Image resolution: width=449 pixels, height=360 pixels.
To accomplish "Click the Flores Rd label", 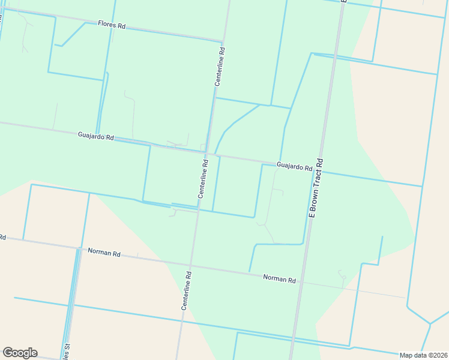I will point(112,26).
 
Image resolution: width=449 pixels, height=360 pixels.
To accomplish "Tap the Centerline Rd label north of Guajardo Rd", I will point(221,67).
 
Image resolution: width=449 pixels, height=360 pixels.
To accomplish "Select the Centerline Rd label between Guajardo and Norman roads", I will point(204,178).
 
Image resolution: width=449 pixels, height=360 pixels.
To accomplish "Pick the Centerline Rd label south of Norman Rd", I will point(187,290).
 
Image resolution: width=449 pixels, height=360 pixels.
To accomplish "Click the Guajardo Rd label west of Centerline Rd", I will point(95,137).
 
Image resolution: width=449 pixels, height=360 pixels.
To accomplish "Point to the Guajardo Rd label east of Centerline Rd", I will point(294,166).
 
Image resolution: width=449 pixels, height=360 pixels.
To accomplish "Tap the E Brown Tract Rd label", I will point(316,188).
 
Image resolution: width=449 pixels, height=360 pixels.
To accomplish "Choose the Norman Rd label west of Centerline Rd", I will point(104,252).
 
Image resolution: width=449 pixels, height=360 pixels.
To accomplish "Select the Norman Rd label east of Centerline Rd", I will point(280,279).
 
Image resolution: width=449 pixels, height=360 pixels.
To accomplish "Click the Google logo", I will point(20,353).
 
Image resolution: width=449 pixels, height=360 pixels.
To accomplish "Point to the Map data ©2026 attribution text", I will point(423,355).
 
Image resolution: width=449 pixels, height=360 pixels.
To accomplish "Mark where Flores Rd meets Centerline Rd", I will point(223,41).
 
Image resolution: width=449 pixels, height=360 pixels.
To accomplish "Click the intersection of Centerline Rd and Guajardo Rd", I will point(207,154).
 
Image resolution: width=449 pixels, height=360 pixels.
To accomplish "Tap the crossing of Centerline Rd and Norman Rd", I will point(192,265).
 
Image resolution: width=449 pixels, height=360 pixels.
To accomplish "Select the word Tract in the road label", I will point(316,184).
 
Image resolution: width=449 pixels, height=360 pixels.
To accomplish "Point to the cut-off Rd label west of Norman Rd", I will point(2,238).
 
